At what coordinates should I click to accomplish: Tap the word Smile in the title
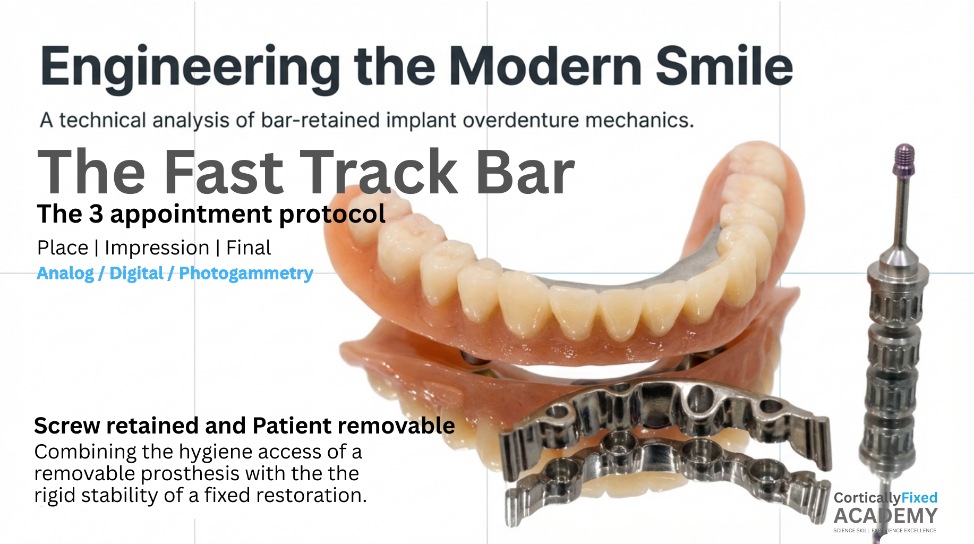pos(724,65)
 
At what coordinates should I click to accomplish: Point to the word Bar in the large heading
pos(525,172)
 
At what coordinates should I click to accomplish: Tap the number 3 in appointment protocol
pos(96,214)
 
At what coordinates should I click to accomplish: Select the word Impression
pos(157,248)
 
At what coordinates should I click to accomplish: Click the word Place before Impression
pos(63,248)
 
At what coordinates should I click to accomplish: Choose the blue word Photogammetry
pos(246,274)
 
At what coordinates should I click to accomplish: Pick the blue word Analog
pos(65,274)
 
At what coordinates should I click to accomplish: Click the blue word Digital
pos(136,274)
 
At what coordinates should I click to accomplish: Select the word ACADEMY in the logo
pos(886,516)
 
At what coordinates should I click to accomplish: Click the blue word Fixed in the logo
pos(920,498)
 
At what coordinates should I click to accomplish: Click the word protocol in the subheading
pos(332,215)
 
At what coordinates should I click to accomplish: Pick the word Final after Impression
pos(249,248)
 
